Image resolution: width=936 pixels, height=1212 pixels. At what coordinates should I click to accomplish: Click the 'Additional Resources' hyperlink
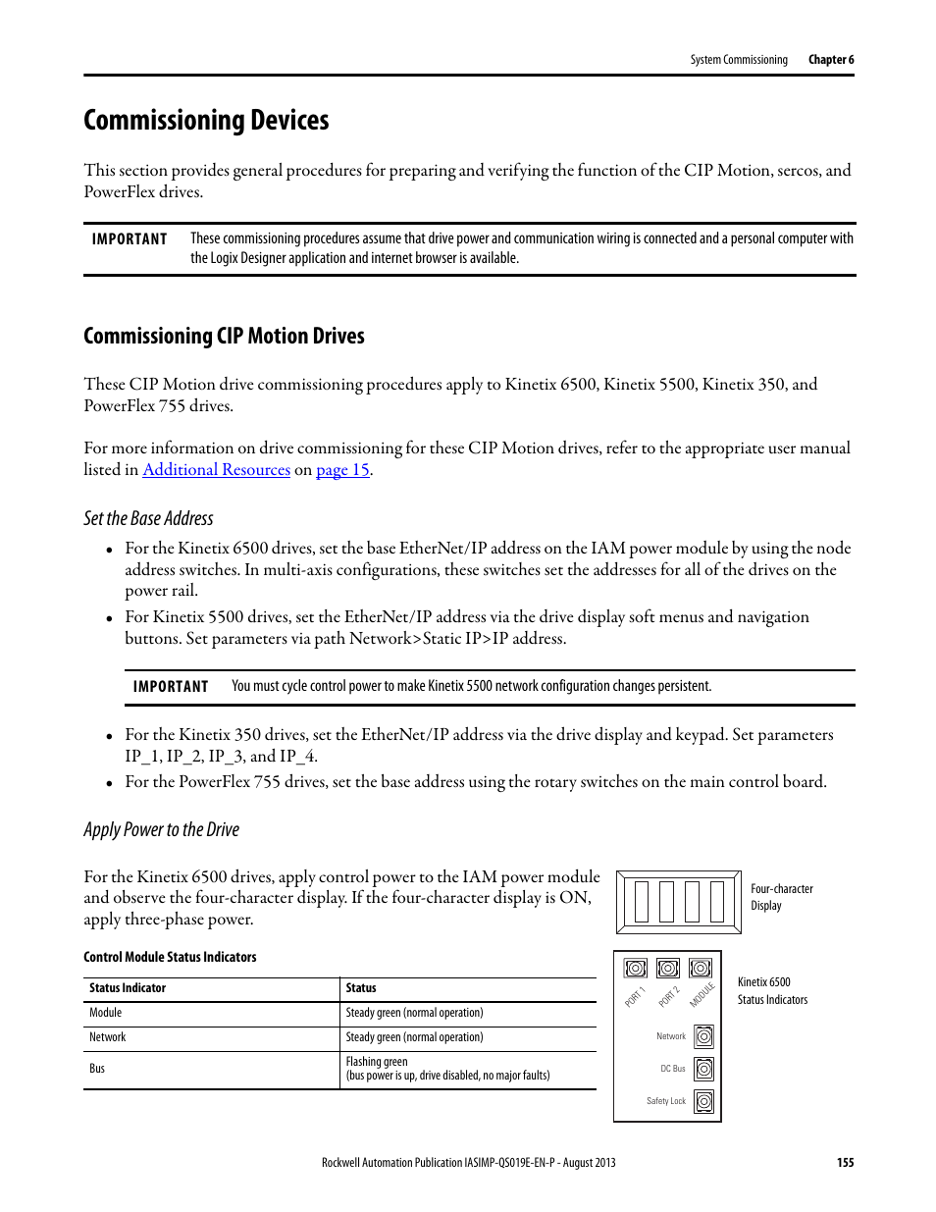pos(216,470)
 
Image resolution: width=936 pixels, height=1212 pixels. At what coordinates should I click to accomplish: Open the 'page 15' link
pos(342,470)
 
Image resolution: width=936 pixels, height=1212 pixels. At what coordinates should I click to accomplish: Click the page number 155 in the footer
pos(845,1163)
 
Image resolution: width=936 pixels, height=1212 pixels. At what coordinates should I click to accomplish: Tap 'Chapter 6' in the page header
pos(830,60)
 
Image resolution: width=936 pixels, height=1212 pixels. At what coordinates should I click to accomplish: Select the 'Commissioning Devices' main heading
pos(206,121)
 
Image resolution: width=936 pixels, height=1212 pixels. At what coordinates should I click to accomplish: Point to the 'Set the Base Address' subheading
pos(148,519)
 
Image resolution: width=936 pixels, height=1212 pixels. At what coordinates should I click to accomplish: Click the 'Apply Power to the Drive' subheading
pos(161,830)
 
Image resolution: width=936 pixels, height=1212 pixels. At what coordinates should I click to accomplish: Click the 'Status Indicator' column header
pos(128,988)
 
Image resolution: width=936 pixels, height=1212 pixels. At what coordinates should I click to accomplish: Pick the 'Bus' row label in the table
pos(97,1069)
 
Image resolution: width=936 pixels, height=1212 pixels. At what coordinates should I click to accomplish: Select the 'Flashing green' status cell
pos(377,1062)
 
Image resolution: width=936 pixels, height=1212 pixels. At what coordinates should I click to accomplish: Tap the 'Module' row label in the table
pos(106,1013)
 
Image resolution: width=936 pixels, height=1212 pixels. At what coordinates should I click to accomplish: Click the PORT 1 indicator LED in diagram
pos(636,969)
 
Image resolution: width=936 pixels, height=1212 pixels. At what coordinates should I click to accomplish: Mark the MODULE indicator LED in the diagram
pos(700,969)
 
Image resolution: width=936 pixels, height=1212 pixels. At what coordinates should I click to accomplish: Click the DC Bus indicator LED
pos(703,1069)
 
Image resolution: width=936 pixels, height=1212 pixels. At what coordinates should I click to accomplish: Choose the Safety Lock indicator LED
pos(703,1101)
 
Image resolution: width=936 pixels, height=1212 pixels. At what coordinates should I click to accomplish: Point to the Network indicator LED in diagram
pos(703,1036)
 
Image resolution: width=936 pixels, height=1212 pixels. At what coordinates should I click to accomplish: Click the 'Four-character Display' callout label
pos(781,897)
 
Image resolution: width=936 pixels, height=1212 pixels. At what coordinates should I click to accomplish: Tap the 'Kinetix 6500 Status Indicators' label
pos(772,991)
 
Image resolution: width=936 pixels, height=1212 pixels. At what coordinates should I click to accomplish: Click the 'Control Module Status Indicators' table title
pos(170,958)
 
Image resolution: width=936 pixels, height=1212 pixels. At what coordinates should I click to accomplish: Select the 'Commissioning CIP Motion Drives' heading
pos(224,337)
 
